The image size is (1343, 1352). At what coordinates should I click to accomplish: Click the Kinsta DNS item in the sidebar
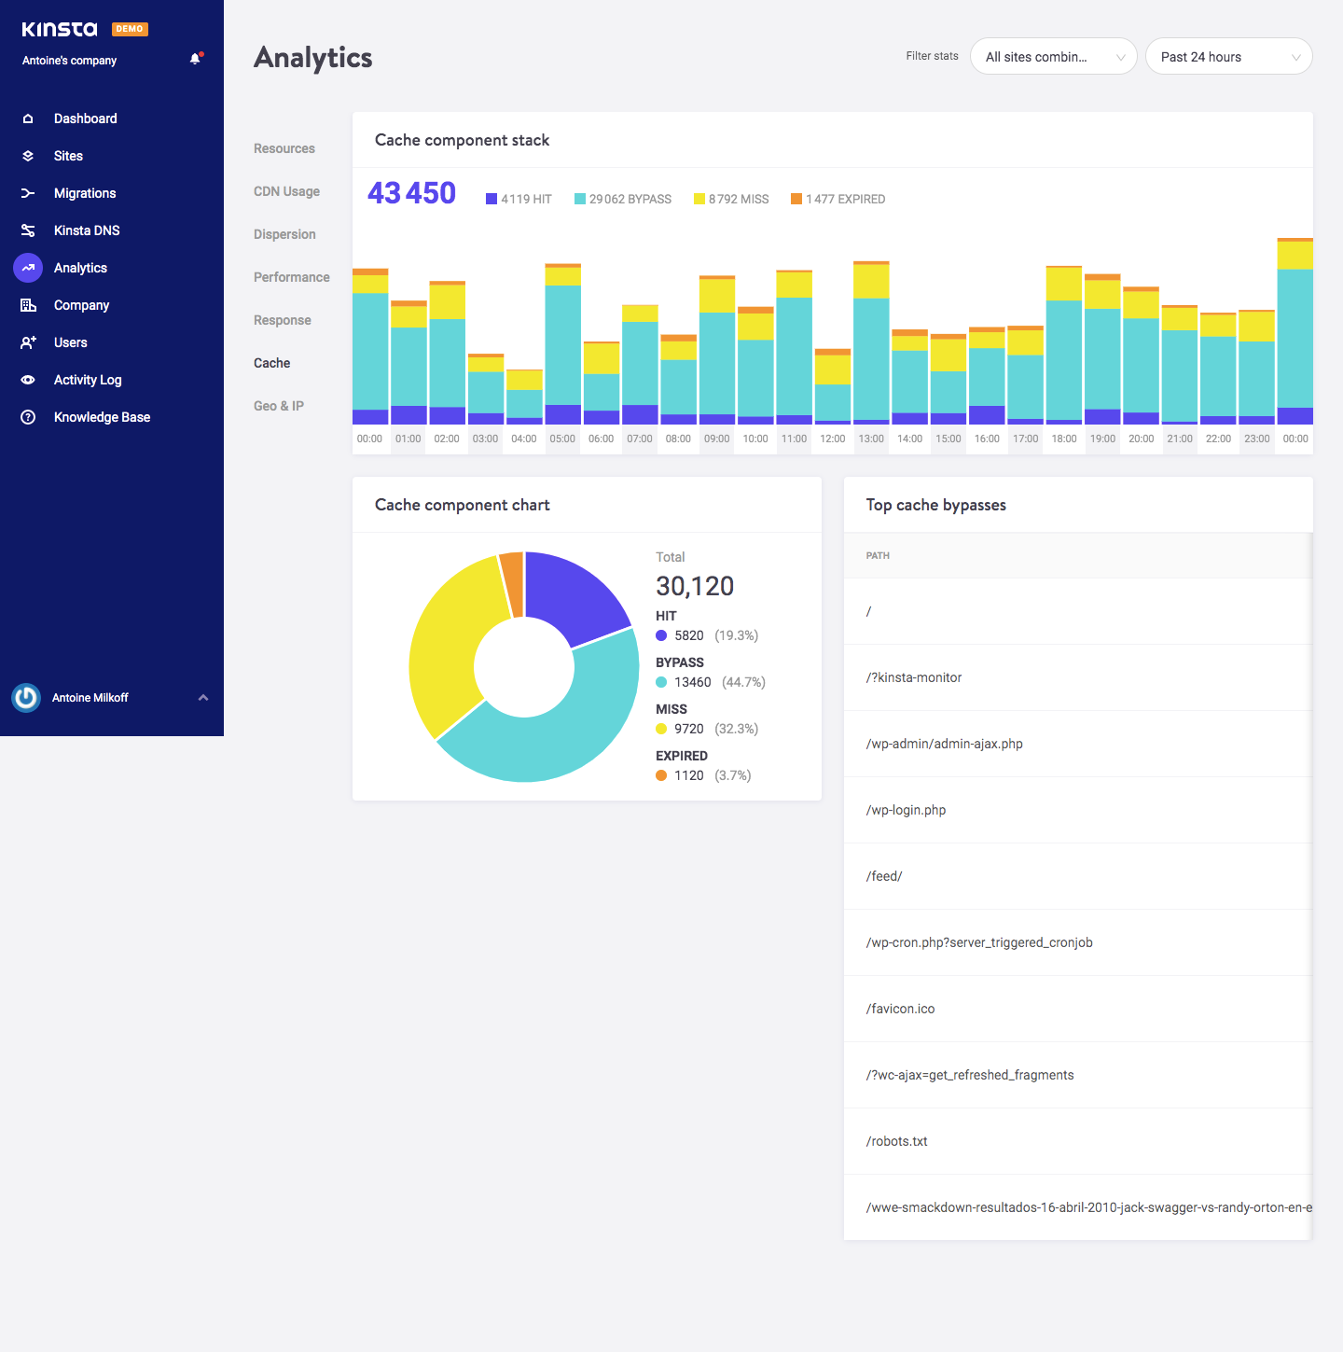click(x=86, y=230)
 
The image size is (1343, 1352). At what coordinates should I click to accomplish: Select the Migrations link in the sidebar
click(x=84, y=193)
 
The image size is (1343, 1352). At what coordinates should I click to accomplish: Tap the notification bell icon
click(x=195, y=59)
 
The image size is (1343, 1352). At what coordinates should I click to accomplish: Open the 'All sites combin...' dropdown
click(x=1053, y=57)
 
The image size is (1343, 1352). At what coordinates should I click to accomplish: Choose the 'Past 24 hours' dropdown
click(x=1228, y=57)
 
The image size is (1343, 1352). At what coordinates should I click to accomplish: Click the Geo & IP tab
click(x=279, y=406)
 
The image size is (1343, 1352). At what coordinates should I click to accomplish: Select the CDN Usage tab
click(x=286, y=191)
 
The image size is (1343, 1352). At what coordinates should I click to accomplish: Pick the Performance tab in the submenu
click(x=291, y=277)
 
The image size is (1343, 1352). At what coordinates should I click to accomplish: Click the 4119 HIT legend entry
click(x=519, y=199)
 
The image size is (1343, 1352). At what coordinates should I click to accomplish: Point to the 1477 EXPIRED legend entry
click(x=838, y=199)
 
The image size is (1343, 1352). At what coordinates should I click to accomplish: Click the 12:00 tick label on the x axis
click(x=832, y=439)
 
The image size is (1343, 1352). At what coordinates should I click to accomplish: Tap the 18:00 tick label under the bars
click(x=1063, y=439)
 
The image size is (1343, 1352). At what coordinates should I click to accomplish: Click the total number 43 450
click(x=411, y=193)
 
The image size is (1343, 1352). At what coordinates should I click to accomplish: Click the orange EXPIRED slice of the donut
click(x=511, y=583)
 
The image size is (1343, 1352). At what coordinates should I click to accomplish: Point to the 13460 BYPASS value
click(x=692, y=682)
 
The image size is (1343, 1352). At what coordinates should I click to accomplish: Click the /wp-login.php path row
click(x=906, y=810)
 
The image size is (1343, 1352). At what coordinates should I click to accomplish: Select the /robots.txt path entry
click(x=896, y=1141)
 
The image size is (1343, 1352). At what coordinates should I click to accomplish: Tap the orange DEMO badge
click(x=130, y=29)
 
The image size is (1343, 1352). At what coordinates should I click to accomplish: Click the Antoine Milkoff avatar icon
click(x=26, y=698)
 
